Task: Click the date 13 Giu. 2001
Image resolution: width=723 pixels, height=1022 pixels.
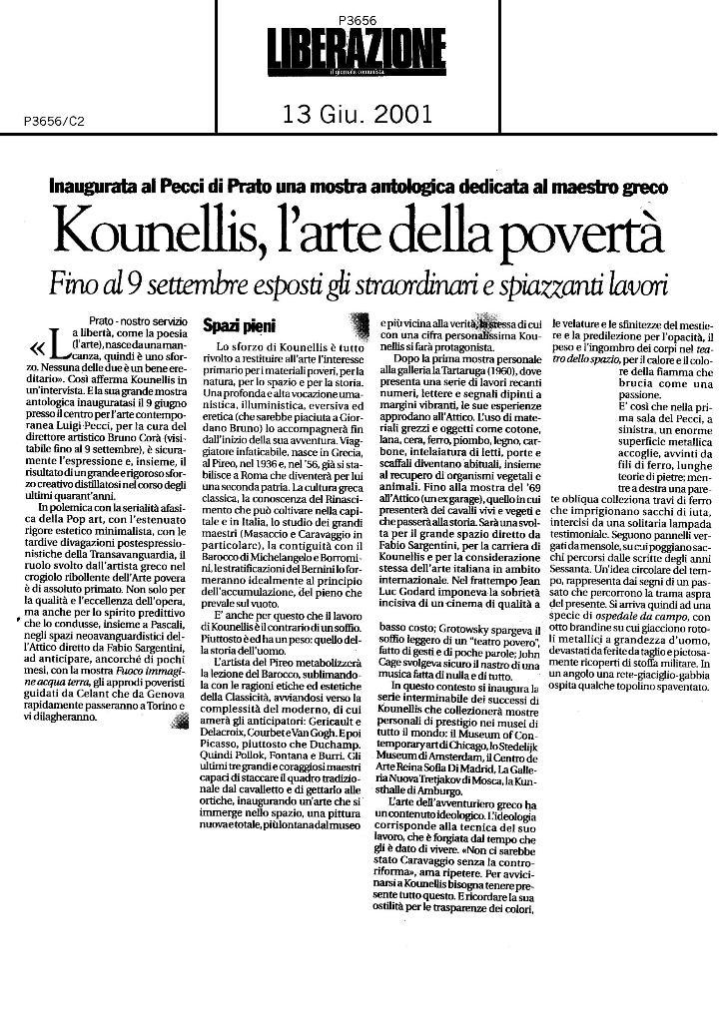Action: click(x=359, y=115)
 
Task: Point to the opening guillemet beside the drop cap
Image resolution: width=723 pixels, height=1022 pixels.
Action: click(x=38, y=349)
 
